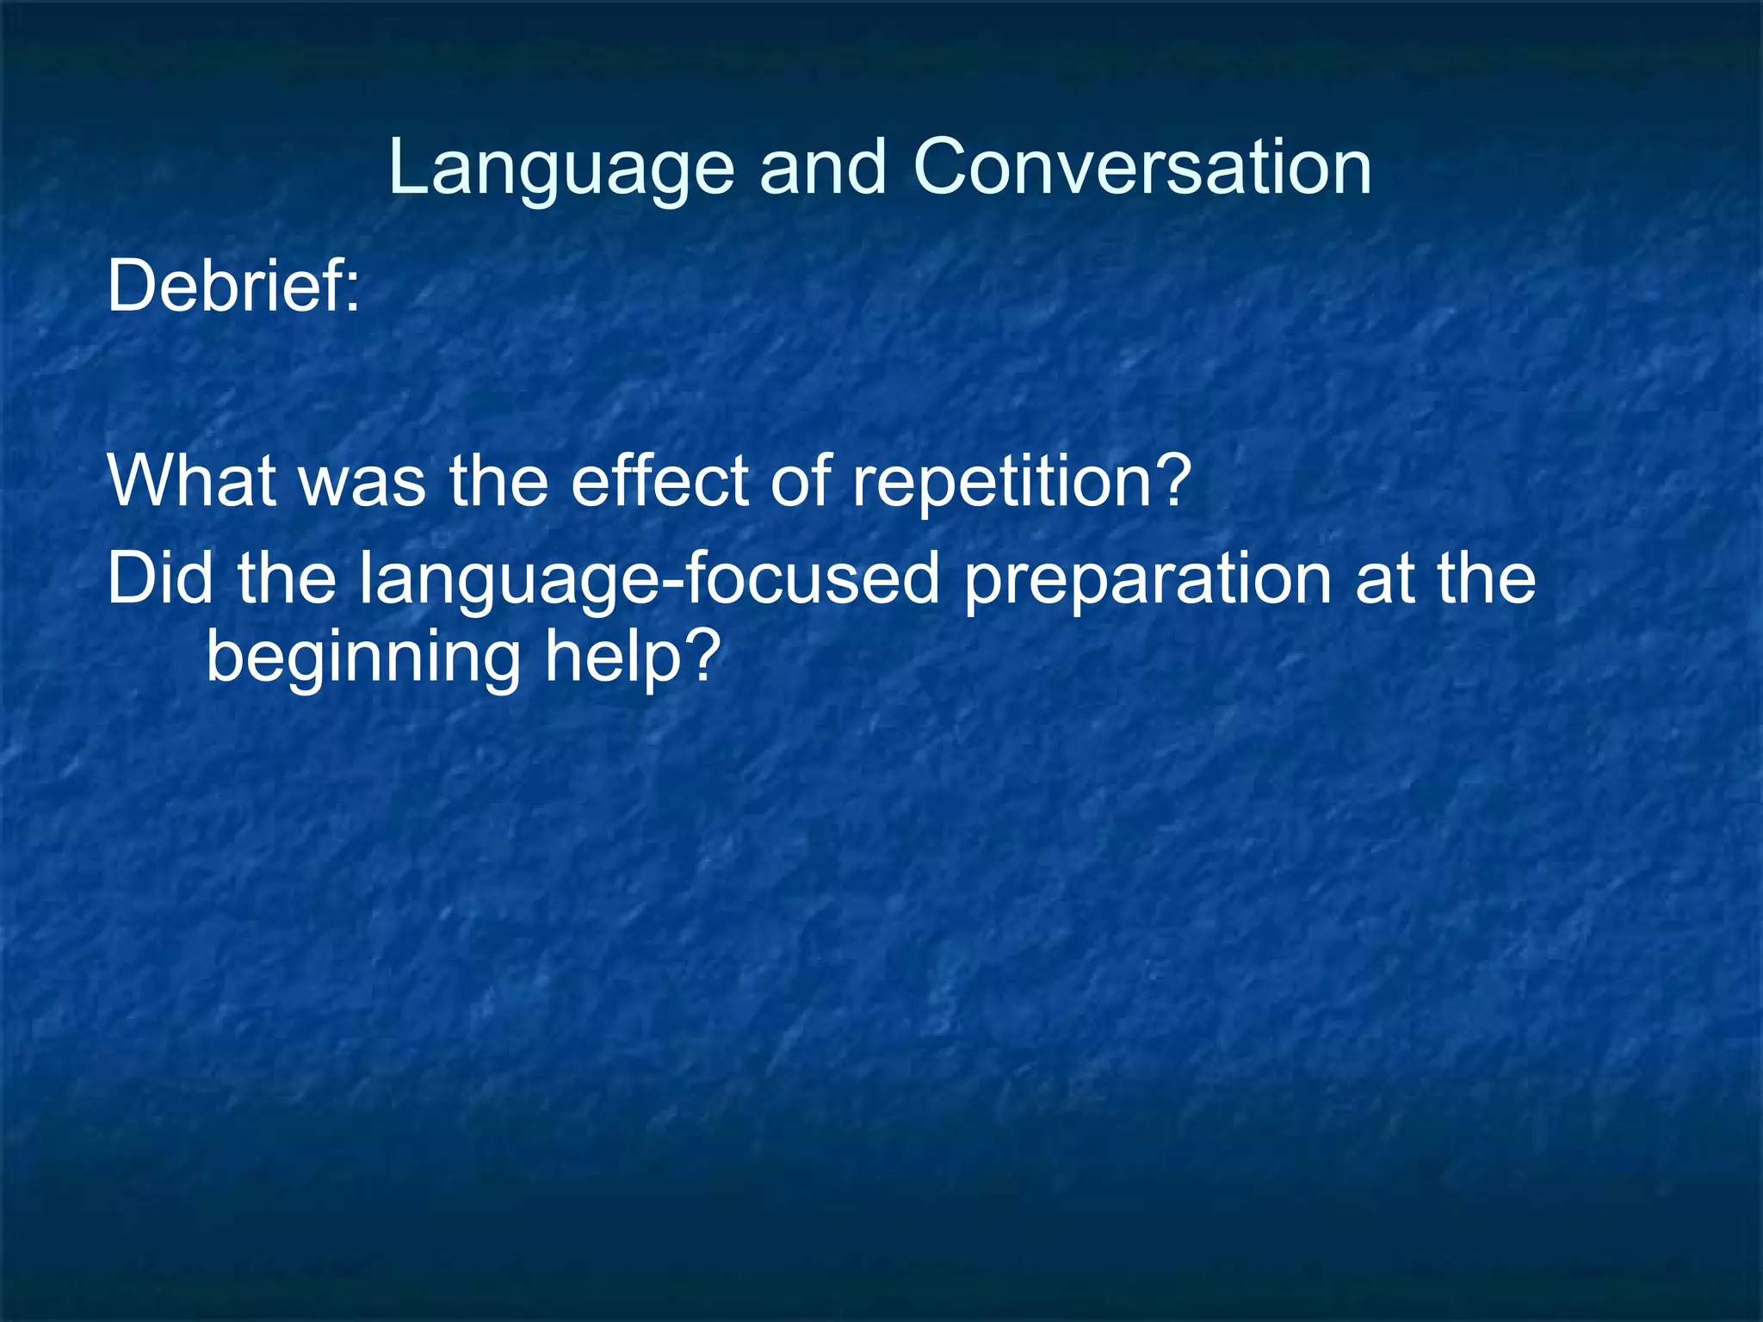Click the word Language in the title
point(560,169)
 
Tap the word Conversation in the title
point(1141,167)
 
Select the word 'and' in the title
point(822,167)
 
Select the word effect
point(659,479)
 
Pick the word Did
point(160,578)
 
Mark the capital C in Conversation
point(942,167)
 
